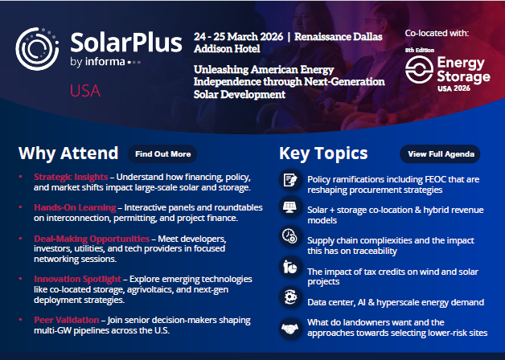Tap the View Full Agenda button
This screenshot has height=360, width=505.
[439, 153]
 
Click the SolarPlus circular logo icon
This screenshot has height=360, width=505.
[39, 49]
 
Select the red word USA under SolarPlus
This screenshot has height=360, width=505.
[84, 90]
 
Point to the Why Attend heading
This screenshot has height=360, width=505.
[68, 153]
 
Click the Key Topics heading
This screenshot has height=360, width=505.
[323, 153]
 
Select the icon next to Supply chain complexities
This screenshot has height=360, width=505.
[289, 236]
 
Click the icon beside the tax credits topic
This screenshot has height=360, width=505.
[289, 268]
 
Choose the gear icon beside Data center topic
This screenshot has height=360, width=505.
[289, 297]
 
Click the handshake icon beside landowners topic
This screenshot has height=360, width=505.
[289, 328]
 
